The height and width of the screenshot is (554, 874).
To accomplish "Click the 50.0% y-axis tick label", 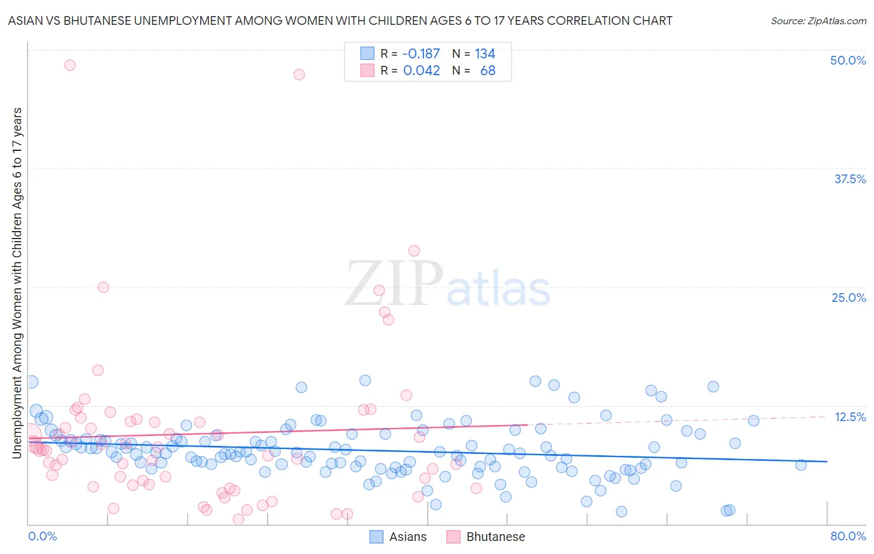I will click(x=848, y=60).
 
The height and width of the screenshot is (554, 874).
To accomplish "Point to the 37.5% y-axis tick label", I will click(x=850, y=179).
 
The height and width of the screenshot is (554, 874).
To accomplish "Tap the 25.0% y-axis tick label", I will click(x=849, y=297).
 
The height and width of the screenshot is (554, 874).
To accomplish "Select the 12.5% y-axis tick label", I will click(x=850, y=417).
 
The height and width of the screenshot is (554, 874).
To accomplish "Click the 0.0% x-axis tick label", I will click(x=42, y=536).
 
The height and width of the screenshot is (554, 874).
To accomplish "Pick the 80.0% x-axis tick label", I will click(x=848, y=536).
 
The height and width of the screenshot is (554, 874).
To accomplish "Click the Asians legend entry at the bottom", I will click(x=398, y=537).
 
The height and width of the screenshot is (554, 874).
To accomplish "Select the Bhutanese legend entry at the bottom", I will click(x=486, y=537).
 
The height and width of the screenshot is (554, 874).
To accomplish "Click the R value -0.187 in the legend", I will click(x=421, y=54).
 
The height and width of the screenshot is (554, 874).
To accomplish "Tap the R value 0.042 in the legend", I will click(x=421, y=71).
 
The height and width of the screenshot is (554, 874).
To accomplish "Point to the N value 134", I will click(x=485, y=54).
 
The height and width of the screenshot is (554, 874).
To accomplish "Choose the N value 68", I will click(x=488, y=71).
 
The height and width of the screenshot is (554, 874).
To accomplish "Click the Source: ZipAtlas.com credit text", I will click(x=818, y=20).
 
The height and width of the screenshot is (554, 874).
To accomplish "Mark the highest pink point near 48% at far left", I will click(x=70, y=65).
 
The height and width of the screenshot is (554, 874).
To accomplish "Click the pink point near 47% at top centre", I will click(x=299, y=75).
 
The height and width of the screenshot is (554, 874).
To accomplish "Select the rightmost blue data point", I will click(x=801, y=465).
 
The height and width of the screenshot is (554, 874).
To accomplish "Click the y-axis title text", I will click(x=17, y=283).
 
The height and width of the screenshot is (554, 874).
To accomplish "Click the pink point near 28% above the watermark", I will click(x=414, y=251).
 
